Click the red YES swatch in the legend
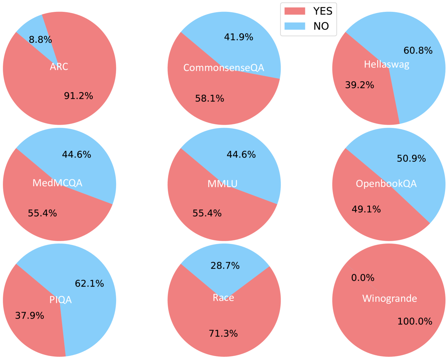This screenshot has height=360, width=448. tap(295, 11)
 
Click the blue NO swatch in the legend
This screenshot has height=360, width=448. tap(295, 26)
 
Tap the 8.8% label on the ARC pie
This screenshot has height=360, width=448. tap(40, 40)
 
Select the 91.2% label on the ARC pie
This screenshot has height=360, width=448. tap(78, 96)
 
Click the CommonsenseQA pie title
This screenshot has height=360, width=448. tap(223, 68)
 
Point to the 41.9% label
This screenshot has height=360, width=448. tap(239, 37)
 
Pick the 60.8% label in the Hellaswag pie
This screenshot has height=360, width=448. tap(418, 50)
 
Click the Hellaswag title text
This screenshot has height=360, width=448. tap(387, 64)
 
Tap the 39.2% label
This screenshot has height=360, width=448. tap(360, 85)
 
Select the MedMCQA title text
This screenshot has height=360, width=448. tap(57, 183)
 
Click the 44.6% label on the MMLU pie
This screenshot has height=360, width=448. tap(241, 154)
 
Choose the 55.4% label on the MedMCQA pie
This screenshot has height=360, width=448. tap(42, 213)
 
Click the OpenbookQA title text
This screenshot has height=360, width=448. tap(386, 184)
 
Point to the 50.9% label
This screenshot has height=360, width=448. tap(411, 158)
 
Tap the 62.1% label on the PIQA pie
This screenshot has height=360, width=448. tap(89, 283)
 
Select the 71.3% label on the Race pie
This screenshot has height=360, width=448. tap(223, 334)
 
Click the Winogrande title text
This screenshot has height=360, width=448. tap(389, 299)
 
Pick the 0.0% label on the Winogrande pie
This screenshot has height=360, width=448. tap(363, 278)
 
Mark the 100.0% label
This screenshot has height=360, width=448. tap(415, 321)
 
